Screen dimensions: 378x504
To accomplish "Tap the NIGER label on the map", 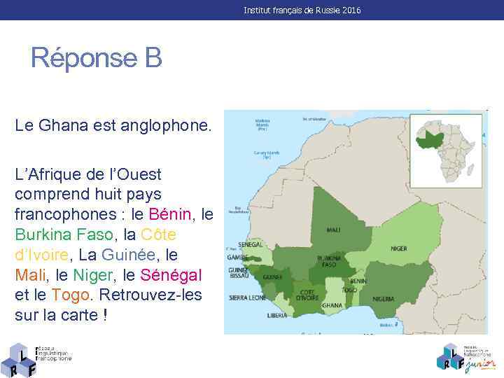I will pyautogui.click(x=398, y=248).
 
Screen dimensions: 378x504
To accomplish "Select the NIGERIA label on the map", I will pyautogui.click(x=383, y=298).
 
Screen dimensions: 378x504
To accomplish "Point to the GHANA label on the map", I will pyautogui.click(x=331, y=305).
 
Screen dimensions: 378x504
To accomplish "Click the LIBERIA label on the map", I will pyautogui.click(x=277, y=316).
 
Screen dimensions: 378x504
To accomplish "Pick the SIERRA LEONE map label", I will pyautogui.click(x=247, y=297).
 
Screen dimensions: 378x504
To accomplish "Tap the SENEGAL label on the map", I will pyautogui.click(x=250, y=245).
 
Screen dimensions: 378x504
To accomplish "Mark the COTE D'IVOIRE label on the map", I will pyautogui.click(x=307, y=294).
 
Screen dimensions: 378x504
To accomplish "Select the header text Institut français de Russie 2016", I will pyautogui.click(x=302, y=10).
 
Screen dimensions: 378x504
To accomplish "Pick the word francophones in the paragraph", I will pyautogui.click(x=64, y=214).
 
